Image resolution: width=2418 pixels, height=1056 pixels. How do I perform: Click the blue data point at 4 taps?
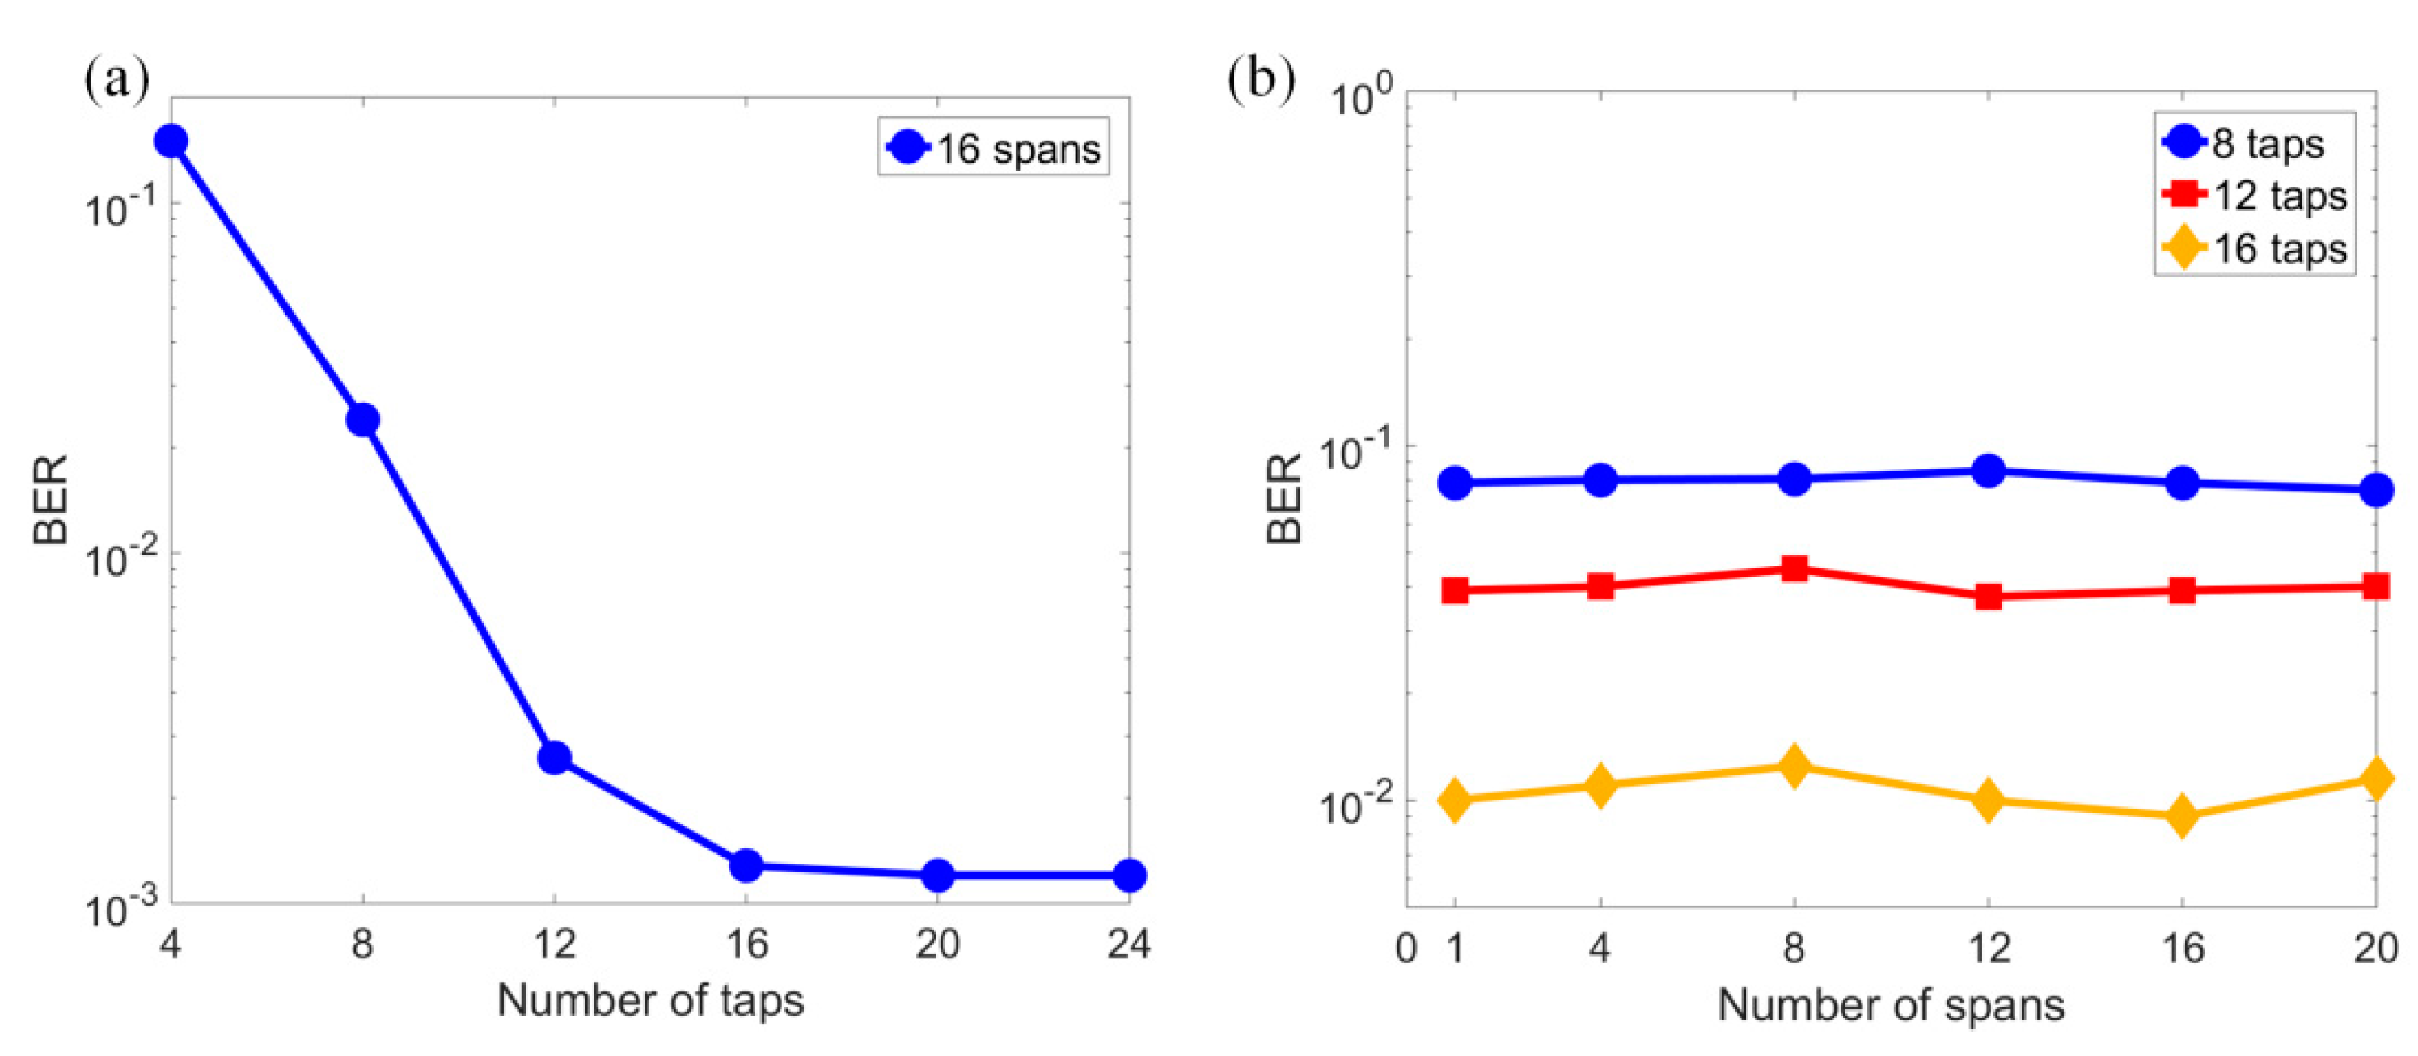pyautogui.click(x=171, y=141)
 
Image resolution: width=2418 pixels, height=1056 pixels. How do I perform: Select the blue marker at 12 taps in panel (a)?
pyautogui.click(x=555, y=757)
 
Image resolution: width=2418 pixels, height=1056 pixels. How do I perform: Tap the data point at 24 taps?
pyautogui.click(x=1128, y=875)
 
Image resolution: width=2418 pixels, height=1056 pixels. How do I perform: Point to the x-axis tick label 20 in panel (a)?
pyautogui.click(x=936, y=944)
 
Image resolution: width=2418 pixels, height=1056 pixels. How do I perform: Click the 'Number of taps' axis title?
pyautogui.click(x=649, y=999)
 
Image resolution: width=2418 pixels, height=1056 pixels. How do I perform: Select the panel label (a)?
pyautogui.click(x=116, y=80)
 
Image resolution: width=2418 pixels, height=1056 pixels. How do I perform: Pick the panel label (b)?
pyautogui.click(x=1261, y=80)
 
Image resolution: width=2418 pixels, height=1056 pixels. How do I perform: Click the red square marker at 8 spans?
pyautogui.click(x=1794, y=568)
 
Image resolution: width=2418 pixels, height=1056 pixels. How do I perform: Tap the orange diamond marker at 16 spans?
pyautogui.click(x=2183, y=816)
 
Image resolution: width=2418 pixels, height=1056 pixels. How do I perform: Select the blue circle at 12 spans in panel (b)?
pyautogui.click(x=1988, y=471)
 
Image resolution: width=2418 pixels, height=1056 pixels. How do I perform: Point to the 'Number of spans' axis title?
pyautogui.click(x=1891, y=1005)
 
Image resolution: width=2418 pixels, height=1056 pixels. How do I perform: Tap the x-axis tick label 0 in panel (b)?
pyautogui.click(x=1406, y=948)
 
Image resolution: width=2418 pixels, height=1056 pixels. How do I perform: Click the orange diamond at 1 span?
pyautogui.click(x=1455, y=800)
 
